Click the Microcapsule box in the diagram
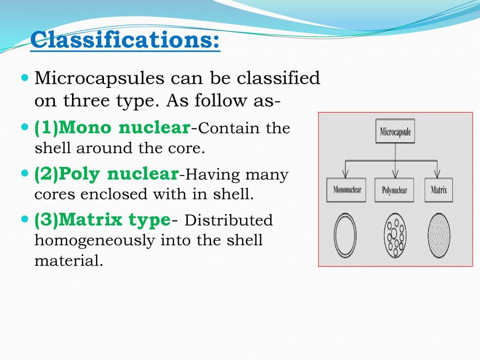pyautogui.click(x=395, y=131)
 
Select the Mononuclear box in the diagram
pyautogui.click(x=347, y=190)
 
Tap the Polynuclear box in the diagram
pyautogui.click(x=395, y=190)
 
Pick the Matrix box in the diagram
pyautogui.click(x=438, y=190)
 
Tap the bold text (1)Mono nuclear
pyautogui.click(x=112, y=128)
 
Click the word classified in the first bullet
pyautogui.click(x=278, y=78)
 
